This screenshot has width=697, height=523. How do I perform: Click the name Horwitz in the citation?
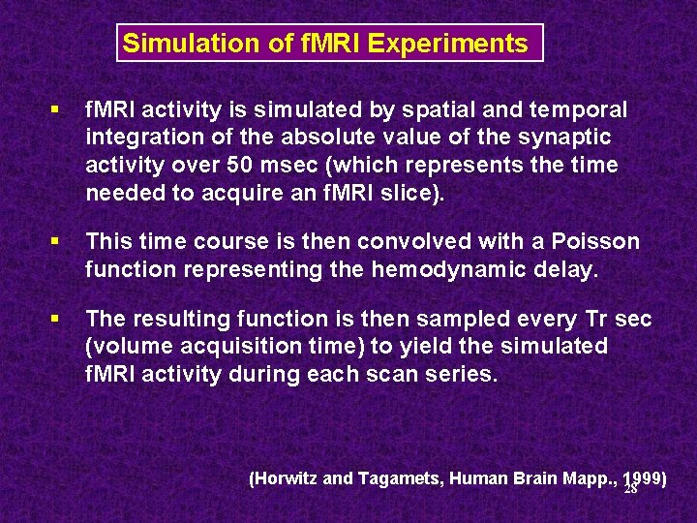[288, 477]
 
